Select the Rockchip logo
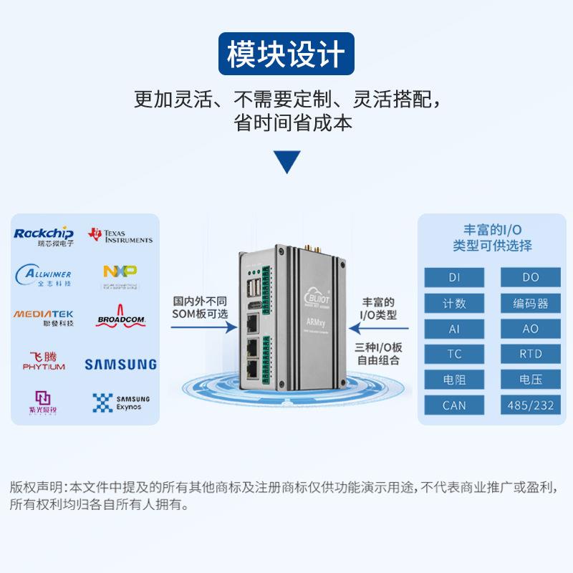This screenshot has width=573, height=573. (x=44, y=236)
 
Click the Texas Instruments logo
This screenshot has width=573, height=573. (x=120, y=236)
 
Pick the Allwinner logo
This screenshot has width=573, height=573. (x=44, y=275)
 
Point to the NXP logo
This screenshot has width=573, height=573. (x=120, y=275)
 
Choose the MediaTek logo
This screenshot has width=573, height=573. (x=44, y=317)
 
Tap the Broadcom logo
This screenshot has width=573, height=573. (x=120, y=318)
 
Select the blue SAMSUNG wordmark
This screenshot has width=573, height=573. (x=120, y=364)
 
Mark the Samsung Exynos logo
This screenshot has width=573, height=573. (x=120, y=403)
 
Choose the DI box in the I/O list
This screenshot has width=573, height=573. (x=454, y=277)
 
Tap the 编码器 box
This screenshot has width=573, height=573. (x=531, y=303)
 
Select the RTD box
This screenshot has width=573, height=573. (x=531, y=354)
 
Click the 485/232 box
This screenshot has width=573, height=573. (x=531, y=405)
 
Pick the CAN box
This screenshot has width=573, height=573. (x=454, y=405)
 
